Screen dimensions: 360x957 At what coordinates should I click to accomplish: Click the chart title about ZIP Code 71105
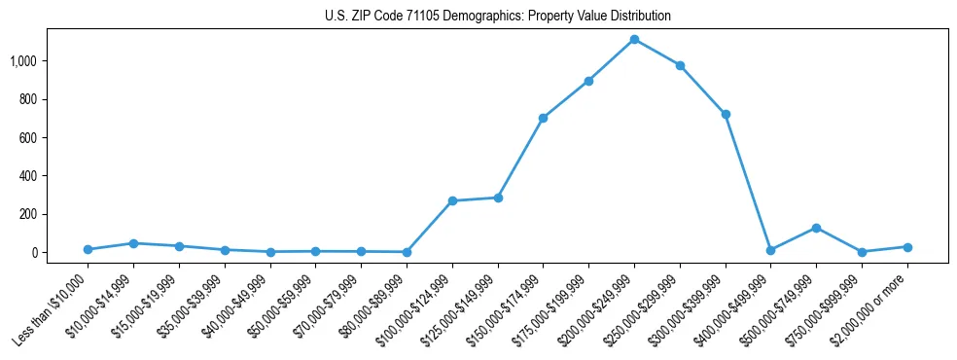(497, 17)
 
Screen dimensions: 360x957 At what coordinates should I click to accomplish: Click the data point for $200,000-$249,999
(634, 40)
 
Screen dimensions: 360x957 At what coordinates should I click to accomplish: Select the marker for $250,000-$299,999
(680, 66)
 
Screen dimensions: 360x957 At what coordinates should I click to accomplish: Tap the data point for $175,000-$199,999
(588, 81)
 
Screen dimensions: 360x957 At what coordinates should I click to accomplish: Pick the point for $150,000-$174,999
(543, 118)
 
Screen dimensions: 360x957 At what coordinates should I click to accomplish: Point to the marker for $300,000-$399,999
(725, 115)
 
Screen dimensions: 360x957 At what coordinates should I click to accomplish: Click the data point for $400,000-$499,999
(770, 250)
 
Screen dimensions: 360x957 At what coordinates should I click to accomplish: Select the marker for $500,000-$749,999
(816, 228)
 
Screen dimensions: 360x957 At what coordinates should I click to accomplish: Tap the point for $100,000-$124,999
(452, 200)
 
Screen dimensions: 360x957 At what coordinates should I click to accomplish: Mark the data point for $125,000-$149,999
(498, 198)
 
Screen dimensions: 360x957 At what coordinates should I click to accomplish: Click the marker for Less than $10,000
(89, 249)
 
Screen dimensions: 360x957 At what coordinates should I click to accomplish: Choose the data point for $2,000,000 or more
(907, 247)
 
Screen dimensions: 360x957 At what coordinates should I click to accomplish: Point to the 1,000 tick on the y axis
(24, 61)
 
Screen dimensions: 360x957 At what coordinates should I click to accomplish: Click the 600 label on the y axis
(29, 138)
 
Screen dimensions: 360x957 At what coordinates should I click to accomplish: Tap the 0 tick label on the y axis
(35, 253)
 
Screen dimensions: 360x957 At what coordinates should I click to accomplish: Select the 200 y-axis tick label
(29, 214)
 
